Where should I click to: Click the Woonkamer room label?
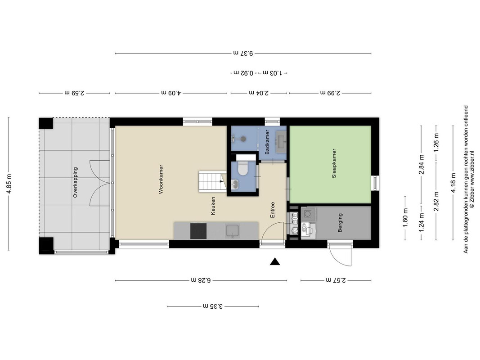click(x=161, y=179)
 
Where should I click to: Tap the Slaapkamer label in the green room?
click(x=334, y=163)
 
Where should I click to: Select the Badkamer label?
click(x=267, y=142)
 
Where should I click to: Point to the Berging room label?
click(x=340, y=223)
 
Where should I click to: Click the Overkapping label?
click(x=75, y=182)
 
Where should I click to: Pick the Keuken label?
click(x=213, y=206)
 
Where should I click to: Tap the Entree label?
click(x=272, y=210)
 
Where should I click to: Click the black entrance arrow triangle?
click(x=275, y=261)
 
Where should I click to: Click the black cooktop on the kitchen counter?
click(x=198, y=231)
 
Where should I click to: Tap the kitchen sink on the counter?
click(x=233, y=231)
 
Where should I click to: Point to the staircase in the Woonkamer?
click(x=212, y=181)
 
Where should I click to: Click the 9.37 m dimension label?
click(x=243, y=53)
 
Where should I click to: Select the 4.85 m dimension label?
click(x=9, y=184)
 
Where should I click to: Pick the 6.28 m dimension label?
click(x=201, y=280)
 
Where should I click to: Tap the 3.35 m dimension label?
click(x=212, y=306)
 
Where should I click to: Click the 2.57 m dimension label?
click(x=336, y=280)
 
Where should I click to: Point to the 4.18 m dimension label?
click(x=453, y=183)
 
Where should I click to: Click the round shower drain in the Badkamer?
click(x=243, y=139)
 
